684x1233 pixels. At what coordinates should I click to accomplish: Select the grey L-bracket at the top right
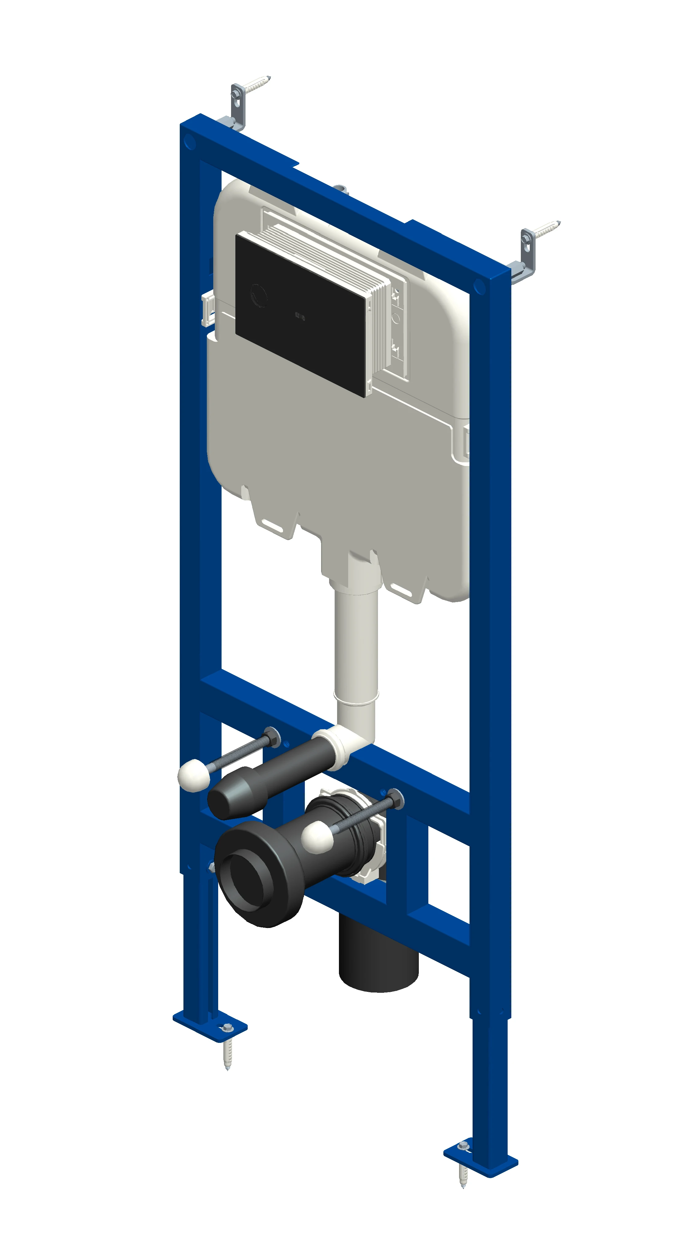(x=527, y=254)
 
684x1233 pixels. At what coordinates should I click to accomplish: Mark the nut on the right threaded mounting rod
(x=395, y=799)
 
